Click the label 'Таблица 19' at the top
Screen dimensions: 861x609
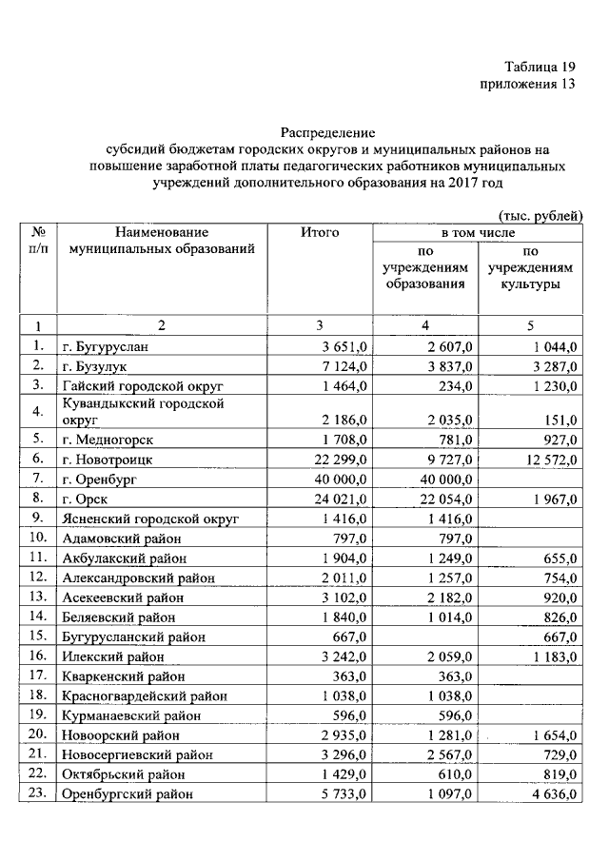coord(540,67)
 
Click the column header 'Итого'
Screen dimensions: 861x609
coord(320,232)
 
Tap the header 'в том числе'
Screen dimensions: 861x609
coord(477,232)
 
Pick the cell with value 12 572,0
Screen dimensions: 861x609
coord(543,459)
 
